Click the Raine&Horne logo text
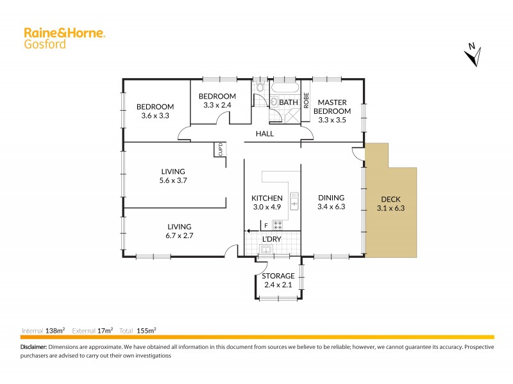pyautogui.click(x=64, y=33)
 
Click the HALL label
pyautogui.click(x=265, y=134)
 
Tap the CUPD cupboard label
pyautogui.click(x=220, y=148)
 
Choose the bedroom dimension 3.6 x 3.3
pyautogui.click(x=155, y=116)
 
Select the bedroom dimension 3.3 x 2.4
pyautogui.click(x=220, y=106)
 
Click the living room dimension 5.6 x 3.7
pyautogui.click(x=173, y=180)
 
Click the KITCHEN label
pyautogui.click(x=267, y=198)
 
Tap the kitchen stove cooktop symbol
pyautogui.click(x=278, y=224)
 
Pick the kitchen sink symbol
pyautogui.click(x=294, y=201)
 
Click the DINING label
pyautogui.click(x=331, y=198)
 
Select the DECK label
pyautogui.click(x=390, y=199)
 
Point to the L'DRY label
pyautogui.click(x=273, y=239)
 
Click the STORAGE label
pyautogui.click(x=278, y=276)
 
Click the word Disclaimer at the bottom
pyautogui.click(x=33, y=347)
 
